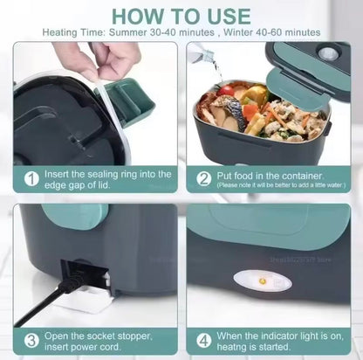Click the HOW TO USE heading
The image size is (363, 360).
[181, 16]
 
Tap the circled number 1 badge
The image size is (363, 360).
[31, 178]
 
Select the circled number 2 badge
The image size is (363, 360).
[203, 178]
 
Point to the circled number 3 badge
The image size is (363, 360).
[31, 340]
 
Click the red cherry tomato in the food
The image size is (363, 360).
[227, 90]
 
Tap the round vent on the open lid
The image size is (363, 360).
[329, 53]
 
